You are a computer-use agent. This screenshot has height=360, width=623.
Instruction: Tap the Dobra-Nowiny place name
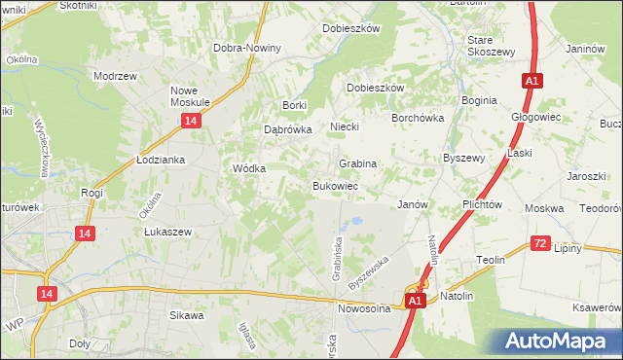(248, 48)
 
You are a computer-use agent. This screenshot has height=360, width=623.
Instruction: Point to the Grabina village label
(357, 163)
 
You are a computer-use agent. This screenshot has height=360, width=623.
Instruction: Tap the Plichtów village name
(482, 204)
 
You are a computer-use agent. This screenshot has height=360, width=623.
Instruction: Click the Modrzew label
(113, 75)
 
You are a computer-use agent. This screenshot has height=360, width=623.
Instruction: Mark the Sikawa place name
(187, 315)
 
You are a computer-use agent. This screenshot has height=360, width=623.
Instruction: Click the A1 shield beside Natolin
(416, 302)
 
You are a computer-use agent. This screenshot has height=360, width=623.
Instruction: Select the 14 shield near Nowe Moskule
(191, 120)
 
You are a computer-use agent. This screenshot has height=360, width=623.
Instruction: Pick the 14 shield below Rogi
(87, 233)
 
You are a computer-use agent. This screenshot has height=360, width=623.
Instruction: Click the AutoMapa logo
(559, 341)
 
